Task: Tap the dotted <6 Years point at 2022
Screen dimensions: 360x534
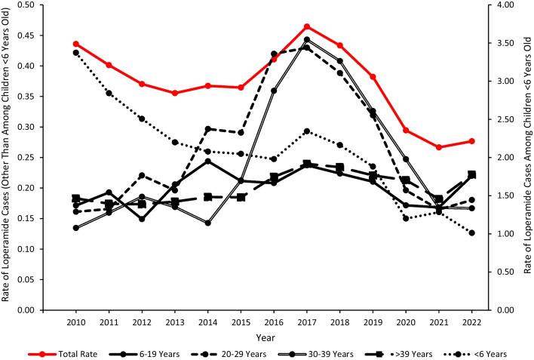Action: (472, 233)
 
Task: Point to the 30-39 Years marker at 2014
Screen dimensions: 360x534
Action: (208, 223)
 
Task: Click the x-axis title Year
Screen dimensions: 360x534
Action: (275, 337)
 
